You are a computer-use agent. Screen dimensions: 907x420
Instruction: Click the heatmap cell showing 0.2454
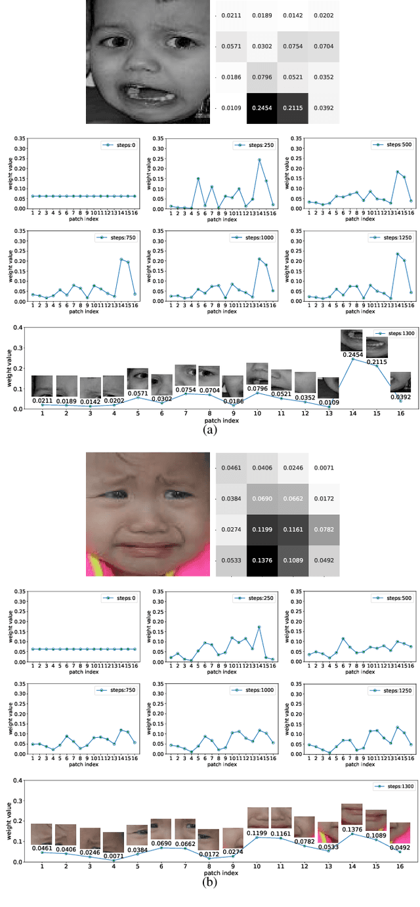pyautogui.click(x=262, y=108)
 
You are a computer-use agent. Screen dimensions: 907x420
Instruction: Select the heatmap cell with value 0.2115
pyautogui.click(x=292, y=108)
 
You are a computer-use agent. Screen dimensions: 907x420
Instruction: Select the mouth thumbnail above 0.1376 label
pyautogui.click(x=352, y=814)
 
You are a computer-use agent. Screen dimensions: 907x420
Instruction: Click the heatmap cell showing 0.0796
pyautogui.click(x=262, y=77)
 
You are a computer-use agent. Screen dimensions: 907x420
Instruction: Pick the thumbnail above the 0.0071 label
pyautogui.click(x=114, y=841)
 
